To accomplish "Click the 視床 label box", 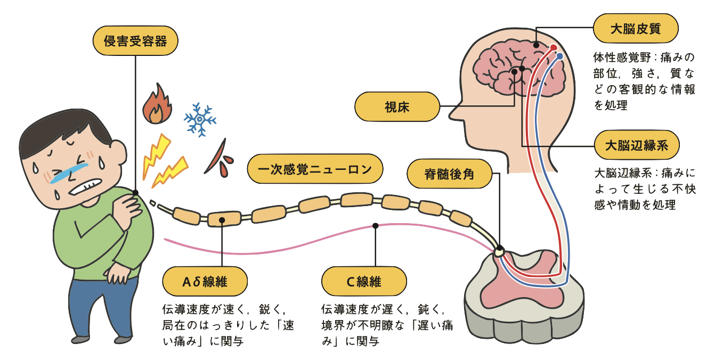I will pos(397,107).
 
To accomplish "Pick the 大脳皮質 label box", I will pos(636,28).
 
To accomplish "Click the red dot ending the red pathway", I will pos(554,48).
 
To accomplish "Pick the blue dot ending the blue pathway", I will pos(559,56).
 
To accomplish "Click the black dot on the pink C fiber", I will pos(376,226).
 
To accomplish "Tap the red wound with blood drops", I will pos(218,160).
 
